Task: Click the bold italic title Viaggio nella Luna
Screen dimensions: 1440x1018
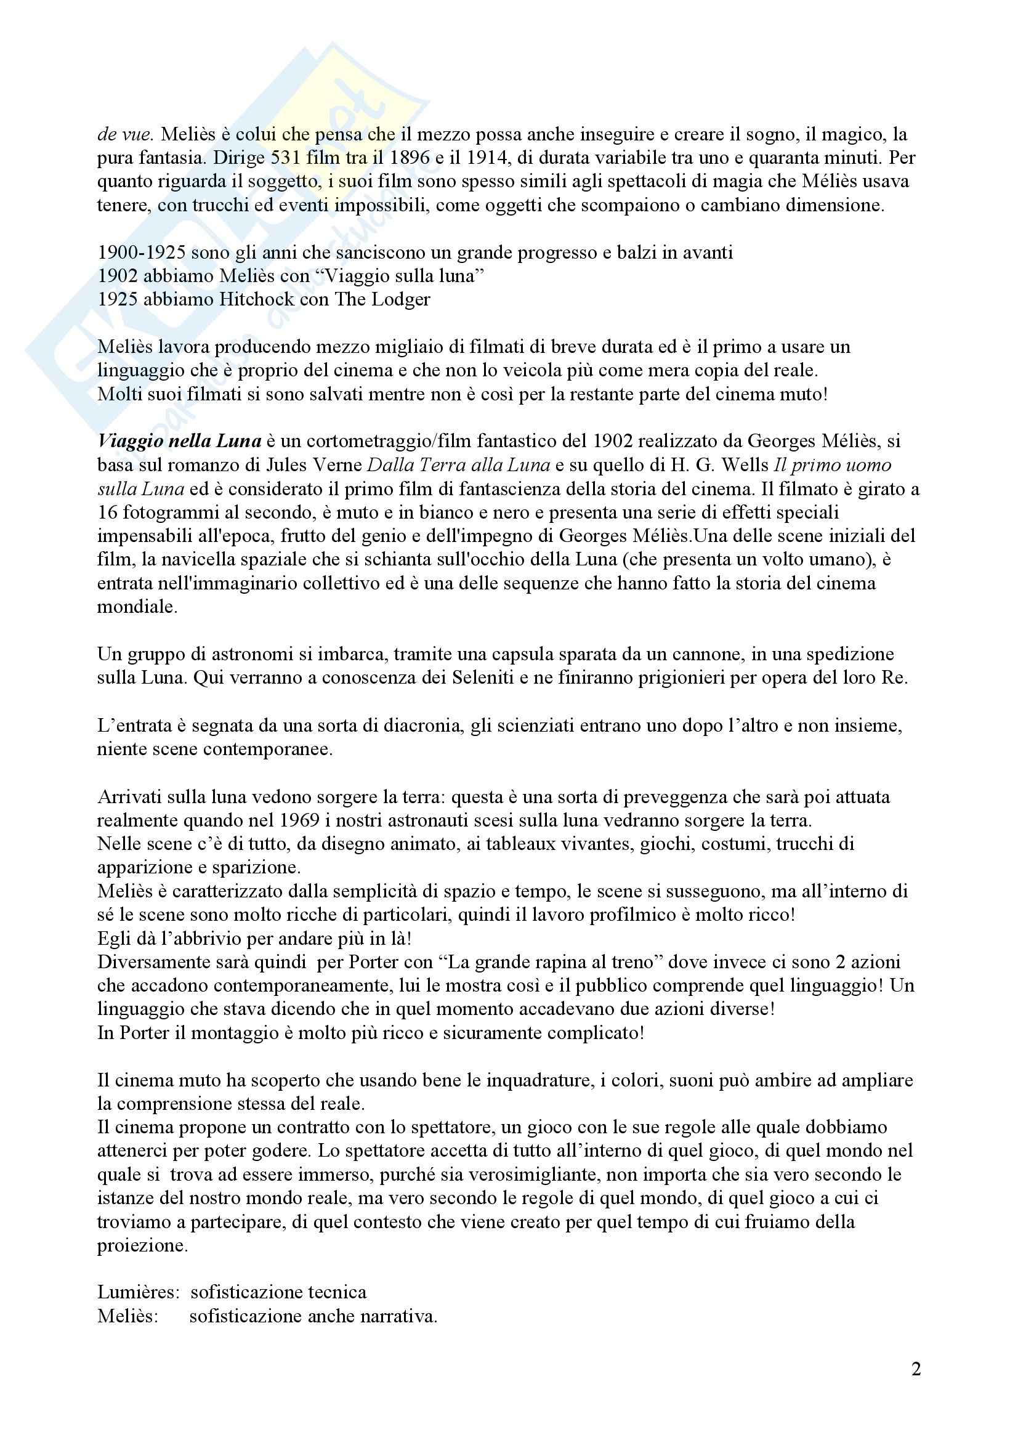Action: pos(179,441)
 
